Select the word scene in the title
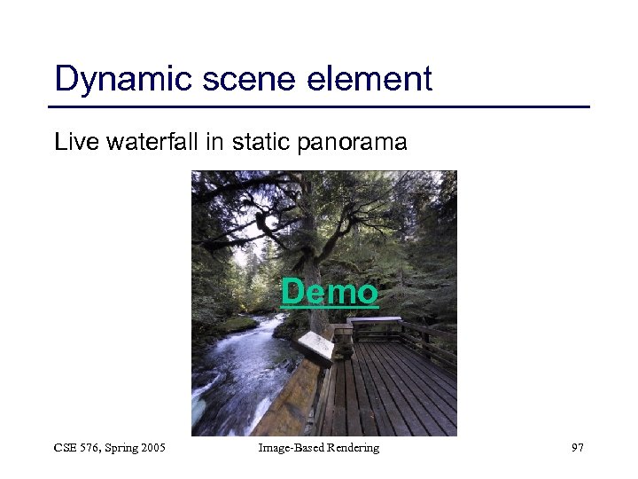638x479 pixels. pos(237,80)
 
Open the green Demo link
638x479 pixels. pos(330,292)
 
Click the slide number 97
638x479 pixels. pos(577,448)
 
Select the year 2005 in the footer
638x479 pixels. pos(151,448)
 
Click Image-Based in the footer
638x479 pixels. pos(286,448)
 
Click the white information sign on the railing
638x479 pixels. pos(316,347)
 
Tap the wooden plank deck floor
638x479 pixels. pos(399,390)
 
